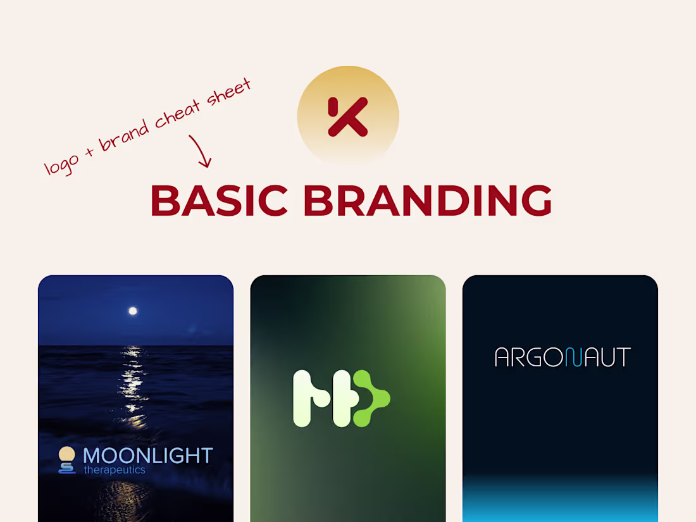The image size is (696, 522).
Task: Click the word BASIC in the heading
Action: tap(219, 201)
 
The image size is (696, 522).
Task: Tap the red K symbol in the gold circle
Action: tap(347, 117)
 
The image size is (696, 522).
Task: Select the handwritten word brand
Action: tap(125, 133)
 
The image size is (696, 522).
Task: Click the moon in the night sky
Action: tap(133, 311)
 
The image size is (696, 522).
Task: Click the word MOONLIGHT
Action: tap(147, 455)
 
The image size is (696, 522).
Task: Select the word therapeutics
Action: tap(115, 470)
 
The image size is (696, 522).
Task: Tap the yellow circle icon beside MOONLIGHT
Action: tap(66, 454)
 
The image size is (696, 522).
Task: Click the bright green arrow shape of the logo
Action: tap(370, 399)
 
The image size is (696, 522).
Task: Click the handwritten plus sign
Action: tap(89, 152)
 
